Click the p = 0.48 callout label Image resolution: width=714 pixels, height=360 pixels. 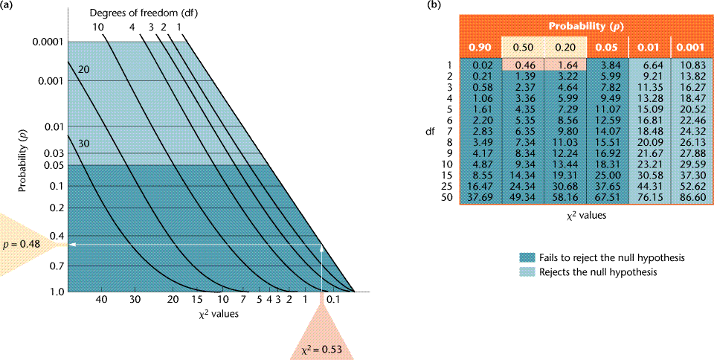click(25, 244)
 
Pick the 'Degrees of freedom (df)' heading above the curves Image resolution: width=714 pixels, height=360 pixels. click(138, 13)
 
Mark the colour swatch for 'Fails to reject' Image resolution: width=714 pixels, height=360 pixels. click(527, 257)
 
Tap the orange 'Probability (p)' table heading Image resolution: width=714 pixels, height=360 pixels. click(585, 27)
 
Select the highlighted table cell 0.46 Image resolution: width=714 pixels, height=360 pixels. click(526, 65)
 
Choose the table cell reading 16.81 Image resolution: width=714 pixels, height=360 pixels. click(646, 120)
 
